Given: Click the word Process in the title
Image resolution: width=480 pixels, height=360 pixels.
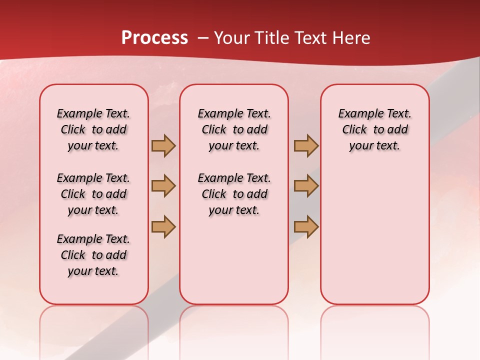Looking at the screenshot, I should [x=154, y=38].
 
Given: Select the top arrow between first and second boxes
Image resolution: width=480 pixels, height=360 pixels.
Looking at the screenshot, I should [x=163, y=146].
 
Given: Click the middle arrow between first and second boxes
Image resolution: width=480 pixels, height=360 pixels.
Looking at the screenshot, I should [x=163, y=186].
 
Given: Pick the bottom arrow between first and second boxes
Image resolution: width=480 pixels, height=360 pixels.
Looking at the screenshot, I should [x=163, y=226].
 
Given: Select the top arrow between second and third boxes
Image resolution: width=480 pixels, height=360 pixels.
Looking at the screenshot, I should [x=306, y=146].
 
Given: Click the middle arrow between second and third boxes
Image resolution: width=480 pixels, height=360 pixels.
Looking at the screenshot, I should [x=306, y=186].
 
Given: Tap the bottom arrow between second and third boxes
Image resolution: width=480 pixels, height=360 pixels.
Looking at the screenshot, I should [x=306, y=226].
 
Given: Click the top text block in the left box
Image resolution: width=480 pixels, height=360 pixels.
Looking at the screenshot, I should [x=93, y=129].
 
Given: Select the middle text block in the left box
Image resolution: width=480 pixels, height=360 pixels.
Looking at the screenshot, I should [x=93, y=194].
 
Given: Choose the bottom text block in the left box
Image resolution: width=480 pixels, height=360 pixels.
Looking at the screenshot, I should [x=93, y=255].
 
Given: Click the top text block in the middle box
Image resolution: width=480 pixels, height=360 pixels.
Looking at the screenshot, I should [x=234, y=129].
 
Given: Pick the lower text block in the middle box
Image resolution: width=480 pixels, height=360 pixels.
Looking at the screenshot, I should [x=234, y=194].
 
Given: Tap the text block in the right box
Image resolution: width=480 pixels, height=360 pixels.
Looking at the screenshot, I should [x=375, y=129].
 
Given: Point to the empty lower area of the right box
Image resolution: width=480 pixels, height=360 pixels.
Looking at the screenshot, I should [x=375, y=235].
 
